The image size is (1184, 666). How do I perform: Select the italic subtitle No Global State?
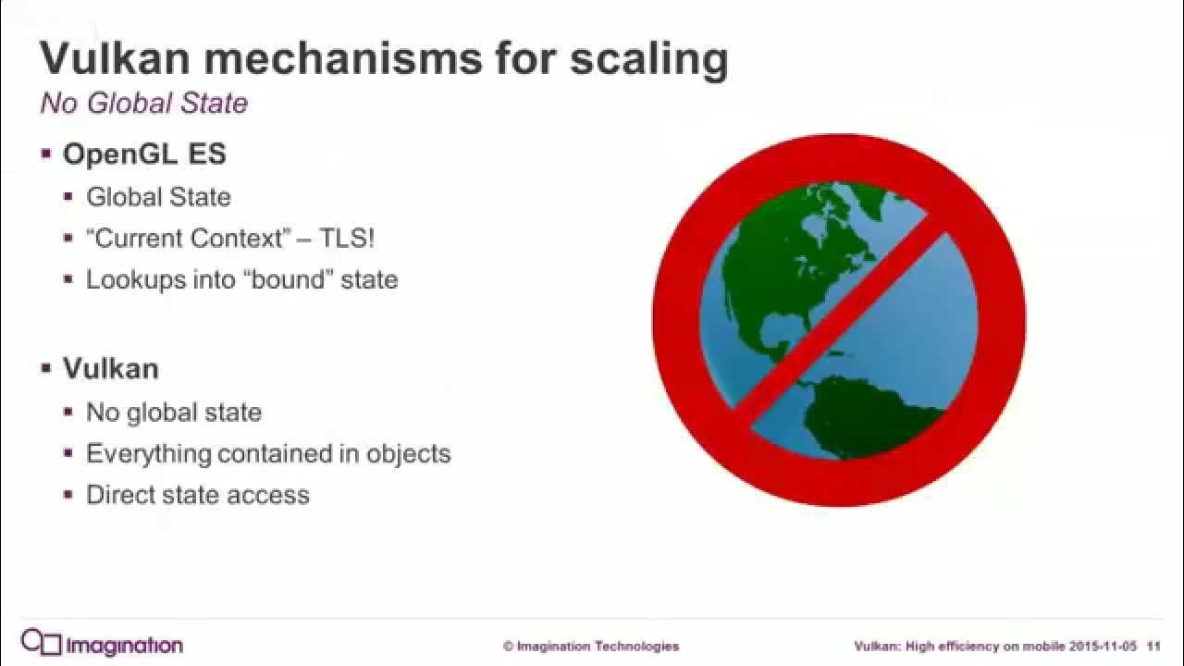(144, 103)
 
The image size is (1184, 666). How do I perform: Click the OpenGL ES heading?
(144, 154)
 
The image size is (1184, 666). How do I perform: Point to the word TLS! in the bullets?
(347, 238)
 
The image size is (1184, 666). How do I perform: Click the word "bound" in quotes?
(289, 279)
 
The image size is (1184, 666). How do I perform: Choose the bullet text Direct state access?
(198, 495)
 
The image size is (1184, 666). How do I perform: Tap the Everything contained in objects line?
(268, 453)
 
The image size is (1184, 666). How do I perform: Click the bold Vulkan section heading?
(110, 368)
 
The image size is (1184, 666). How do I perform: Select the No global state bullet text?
(174, 412)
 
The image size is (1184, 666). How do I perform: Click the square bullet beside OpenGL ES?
(46, 154)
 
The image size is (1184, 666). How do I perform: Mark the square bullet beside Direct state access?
(68, 495)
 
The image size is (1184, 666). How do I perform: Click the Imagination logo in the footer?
(102, 644)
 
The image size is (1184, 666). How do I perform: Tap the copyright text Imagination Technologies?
(591, 646)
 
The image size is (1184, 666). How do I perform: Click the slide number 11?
(1153, 646)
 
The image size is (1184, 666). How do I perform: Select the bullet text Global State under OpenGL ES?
(158, 197)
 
